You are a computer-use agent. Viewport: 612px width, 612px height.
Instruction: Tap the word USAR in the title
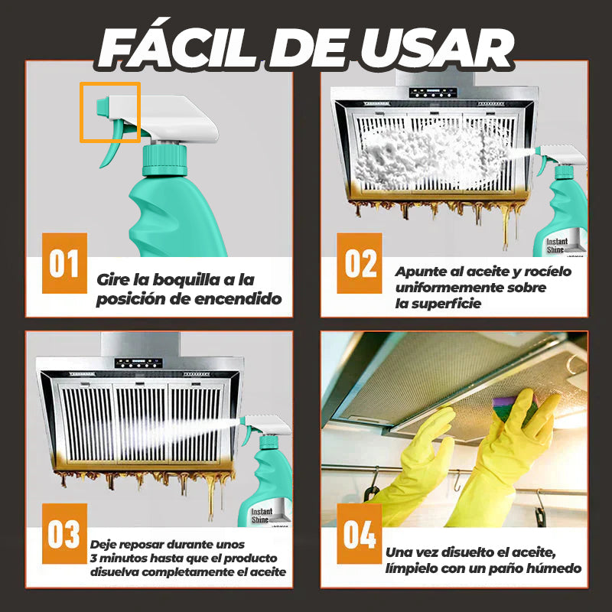(x=437, y=48)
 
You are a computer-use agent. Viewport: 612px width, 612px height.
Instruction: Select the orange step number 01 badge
(x=64, y=263)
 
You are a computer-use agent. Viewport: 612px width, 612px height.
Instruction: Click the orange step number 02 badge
(x=360, y=263)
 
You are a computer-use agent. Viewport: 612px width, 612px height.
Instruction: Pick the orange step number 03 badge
(x=64, y=533)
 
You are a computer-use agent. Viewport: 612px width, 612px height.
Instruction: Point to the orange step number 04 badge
(x=360, y=533)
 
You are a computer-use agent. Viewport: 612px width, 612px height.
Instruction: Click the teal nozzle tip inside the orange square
(x=103, y=107)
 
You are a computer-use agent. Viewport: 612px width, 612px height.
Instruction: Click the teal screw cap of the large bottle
(x=164, y=160)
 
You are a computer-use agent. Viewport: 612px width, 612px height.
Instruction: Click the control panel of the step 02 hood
(x=433, y=93)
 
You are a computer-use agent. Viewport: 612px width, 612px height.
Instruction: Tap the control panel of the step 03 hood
(x=138, y=363)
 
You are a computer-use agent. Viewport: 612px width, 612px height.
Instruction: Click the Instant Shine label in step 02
(x=558, y=246)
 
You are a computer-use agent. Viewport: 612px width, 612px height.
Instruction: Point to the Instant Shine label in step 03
(x=262, y=516)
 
